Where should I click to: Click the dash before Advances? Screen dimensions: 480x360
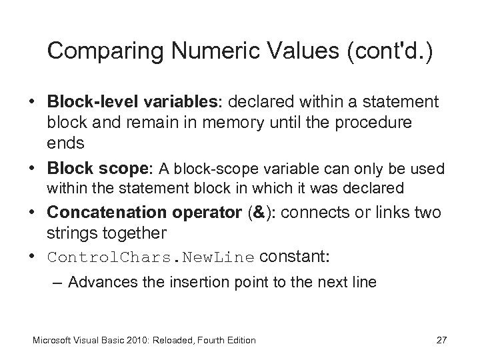[x=58, y=283]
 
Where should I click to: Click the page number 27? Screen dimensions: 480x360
[x=441, y=340]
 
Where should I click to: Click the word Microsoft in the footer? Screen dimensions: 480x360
[x=54, y=341]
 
